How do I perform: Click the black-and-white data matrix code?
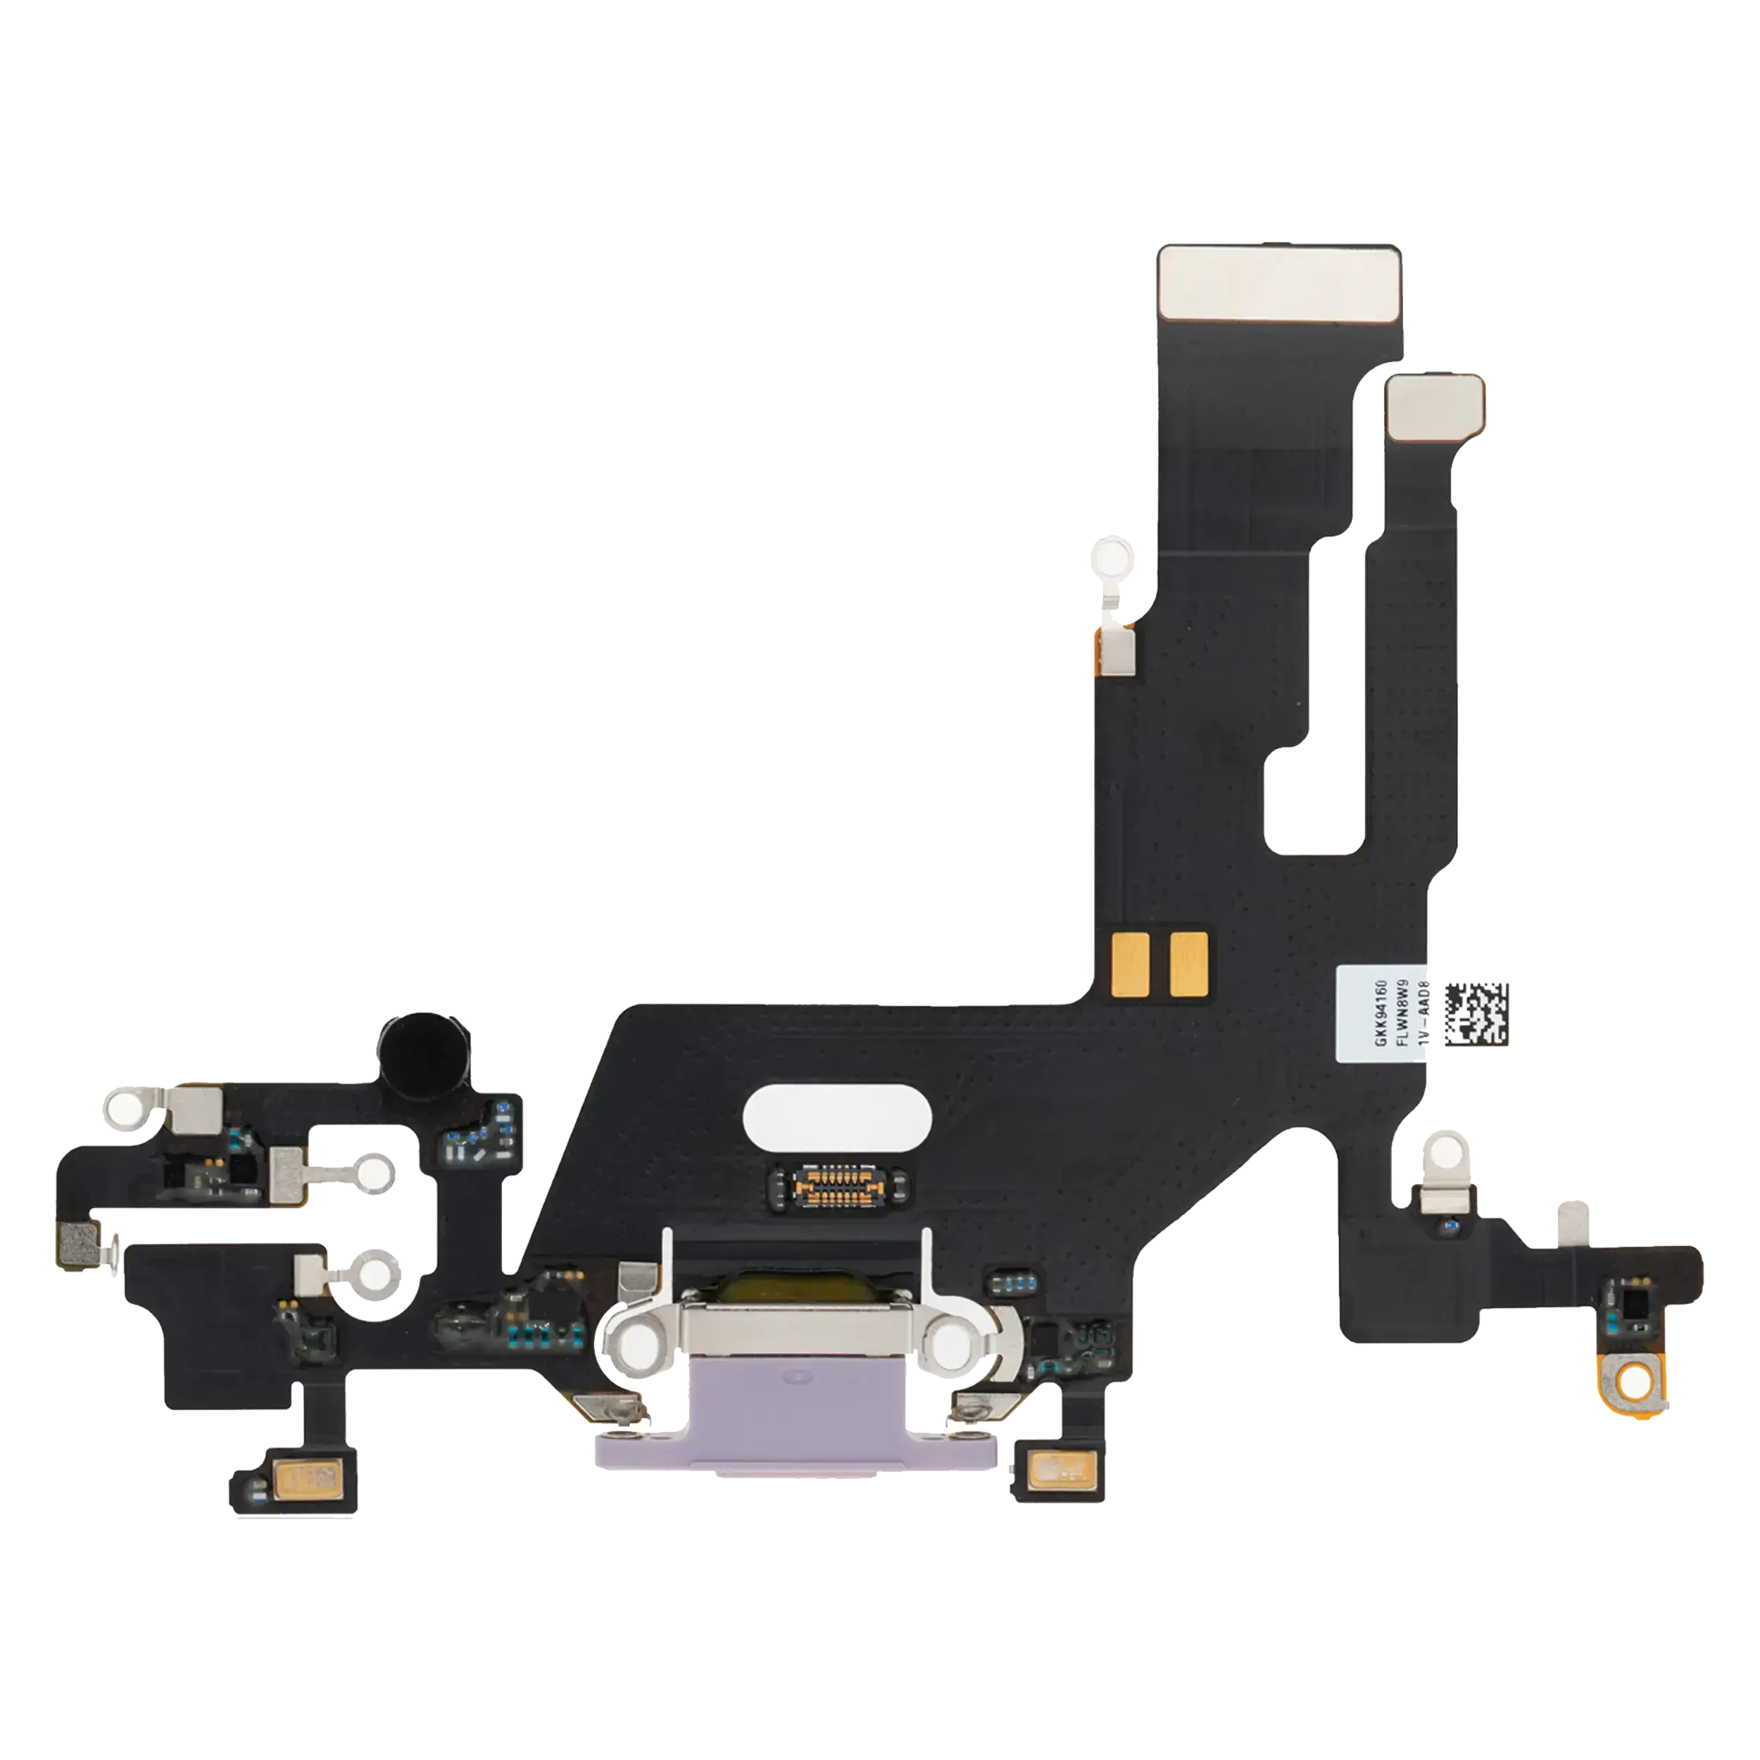coord(1477,1014)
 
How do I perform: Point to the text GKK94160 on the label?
coord(1381,1014)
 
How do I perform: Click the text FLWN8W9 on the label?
coord(1403,1014)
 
